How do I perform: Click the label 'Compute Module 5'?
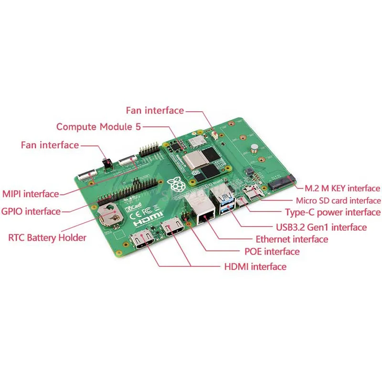(99, 127)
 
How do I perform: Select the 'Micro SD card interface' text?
(338, 201)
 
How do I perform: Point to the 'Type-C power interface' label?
(332, 212)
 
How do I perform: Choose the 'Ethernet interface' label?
(292, 239)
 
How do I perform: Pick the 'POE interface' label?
(268, 252)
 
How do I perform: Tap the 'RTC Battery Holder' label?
(47, 237)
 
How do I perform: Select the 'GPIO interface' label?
(31, 211)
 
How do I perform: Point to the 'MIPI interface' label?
(31, 194)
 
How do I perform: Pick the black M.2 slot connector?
(280, 182)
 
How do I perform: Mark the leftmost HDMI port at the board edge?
(141, 241)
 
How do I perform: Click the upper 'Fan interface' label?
(155, 110)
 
